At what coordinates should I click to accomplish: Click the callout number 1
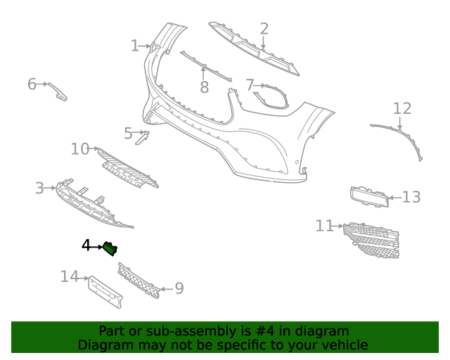[134, 46]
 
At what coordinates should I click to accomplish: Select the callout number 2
[264, 29]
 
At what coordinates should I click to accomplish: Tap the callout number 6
[32, 84]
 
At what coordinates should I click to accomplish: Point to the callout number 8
[204, 87]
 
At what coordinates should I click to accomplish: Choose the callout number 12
[401, 108]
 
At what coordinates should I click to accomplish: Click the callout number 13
[411, 197]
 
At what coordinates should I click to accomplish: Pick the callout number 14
[69, 277]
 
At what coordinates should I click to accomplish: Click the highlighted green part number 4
[110, 247]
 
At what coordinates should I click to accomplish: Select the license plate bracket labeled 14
[105, 291]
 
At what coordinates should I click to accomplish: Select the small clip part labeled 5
[141, 138]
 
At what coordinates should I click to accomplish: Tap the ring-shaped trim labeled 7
[271, 98]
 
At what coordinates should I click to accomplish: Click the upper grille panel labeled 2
[253, 49]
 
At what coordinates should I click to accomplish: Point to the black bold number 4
[86, 245]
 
